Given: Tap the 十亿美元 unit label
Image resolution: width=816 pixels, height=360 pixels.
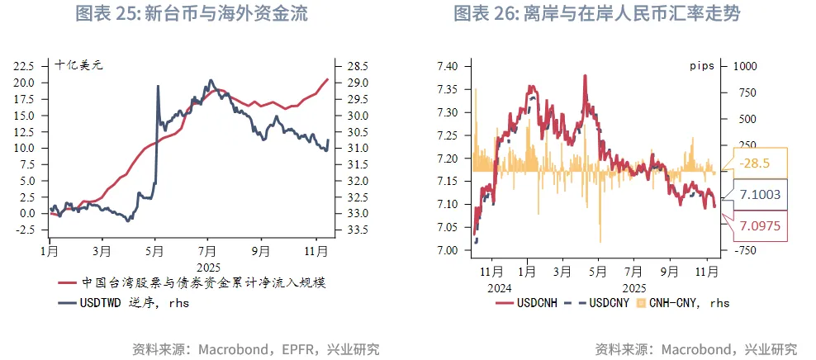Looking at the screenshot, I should (78, 64).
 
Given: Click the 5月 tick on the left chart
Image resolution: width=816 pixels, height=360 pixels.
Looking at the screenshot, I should (155, 248).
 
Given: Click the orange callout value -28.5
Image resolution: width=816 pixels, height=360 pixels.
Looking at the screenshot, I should (756, 163).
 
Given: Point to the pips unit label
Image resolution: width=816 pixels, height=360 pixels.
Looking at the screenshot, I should (701, 64).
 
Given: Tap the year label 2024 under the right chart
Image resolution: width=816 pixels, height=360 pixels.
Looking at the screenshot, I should (500, 288).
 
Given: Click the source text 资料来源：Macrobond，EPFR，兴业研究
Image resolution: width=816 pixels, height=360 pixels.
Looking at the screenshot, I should (256, 348).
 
